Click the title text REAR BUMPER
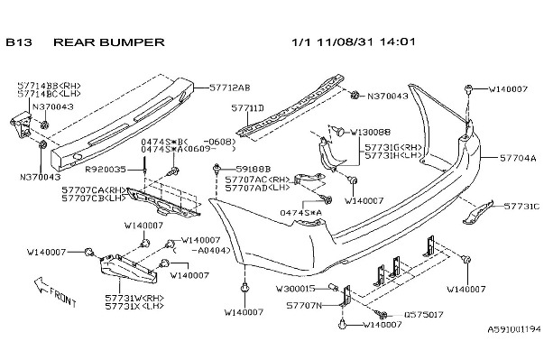[x=109, y=42]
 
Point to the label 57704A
[x=520, y=156]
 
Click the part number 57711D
[x=247, y=107]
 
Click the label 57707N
[x=304, y=306]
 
